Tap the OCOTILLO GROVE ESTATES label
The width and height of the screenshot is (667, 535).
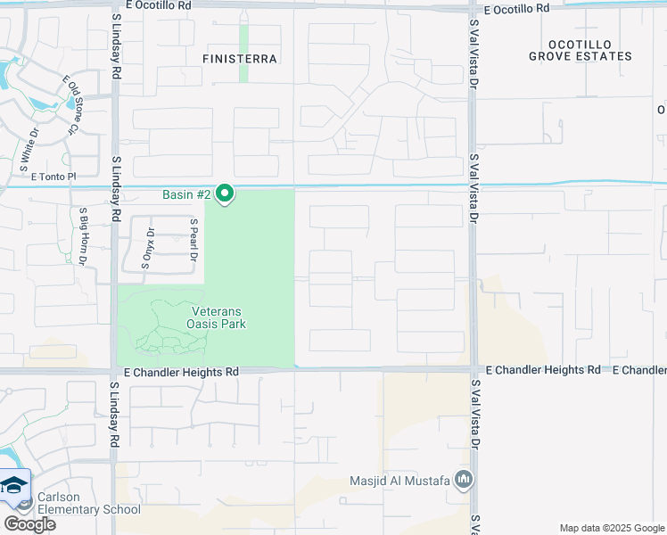click(x=580, y=50)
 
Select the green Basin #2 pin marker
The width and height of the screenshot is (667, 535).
click(x=226, y=193)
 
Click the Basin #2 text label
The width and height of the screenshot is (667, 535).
click(x=186, y=194)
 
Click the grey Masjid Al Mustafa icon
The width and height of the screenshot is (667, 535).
click(x=463, y=481)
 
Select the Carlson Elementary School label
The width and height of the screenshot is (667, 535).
click(x=89, y=503)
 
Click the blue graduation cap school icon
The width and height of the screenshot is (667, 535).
click(x=14, y=486)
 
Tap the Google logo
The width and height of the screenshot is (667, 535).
click(x=29, y=524)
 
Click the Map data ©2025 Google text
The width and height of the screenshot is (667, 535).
click(x=611, y=528)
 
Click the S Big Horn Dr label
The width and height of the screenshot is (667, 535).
click(x=82, y=237)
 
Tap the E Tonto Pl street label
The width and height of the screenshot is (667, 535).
click(x=54, y=177)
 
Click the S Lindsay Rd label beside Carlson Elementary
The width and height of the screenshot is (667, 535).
click(x=114, y=415)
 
